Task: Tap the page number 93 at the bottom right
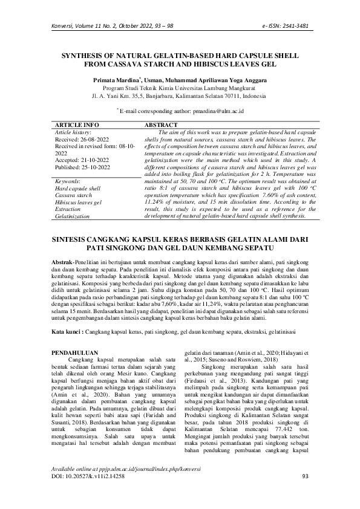(304, 494)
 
